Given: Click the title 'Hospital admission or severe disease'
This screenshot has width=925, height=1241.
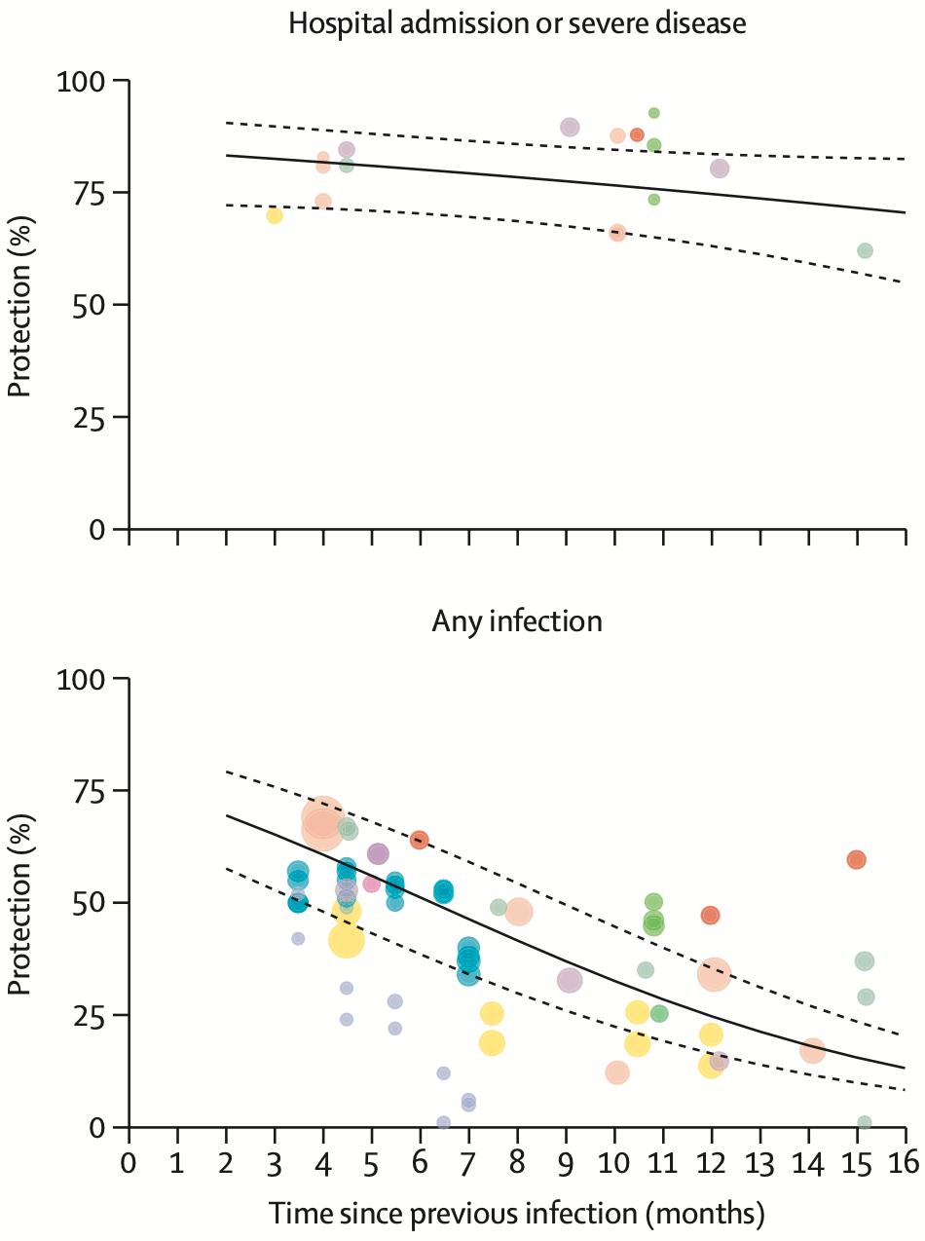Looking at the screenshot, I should [x=517, y=23].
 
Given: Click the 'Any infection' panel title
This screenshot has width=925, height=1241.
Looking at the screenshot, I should [x=517, y=620].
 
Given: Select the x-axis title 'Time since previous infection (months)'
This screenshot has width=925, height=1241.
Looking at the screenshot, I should [x=517, y=1214].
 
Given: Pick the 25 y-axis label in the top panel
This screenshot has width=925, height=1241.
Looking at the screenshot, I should [x=92, y=417].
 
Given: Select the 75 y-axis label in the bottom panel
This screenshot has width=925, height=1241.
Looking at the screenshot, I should [x=92, y=790].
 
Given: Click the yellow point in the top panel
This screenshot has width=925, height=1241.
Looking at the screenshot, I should [x=275, y=215].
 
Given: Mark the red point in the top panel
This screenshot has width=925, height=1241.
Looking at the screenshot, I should [x=637, y=134].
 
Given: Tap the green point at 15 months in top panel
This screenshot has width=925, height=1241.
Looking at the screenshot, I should [x=865, y=250].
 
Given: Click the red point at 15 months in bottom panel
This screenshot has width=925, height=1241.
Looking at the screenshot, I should [x=857, y=859].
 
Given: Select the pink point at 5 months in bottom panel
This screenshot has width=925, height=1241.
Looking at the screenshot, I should [x=371, y=884].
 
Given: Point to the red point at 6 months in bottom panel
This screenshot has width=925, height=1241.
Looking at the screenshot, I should [x=420, y=840].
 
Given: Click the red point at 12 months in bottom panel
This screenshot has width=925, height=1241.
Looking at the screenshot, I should [x=710, y=916].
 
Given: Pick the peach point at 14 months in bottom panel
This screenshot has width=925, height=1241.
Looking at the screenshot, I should [x=813, y=1051].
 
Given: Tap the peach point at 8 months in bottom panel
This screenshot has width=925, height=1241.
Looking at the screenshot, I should [x=518, y=912].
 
